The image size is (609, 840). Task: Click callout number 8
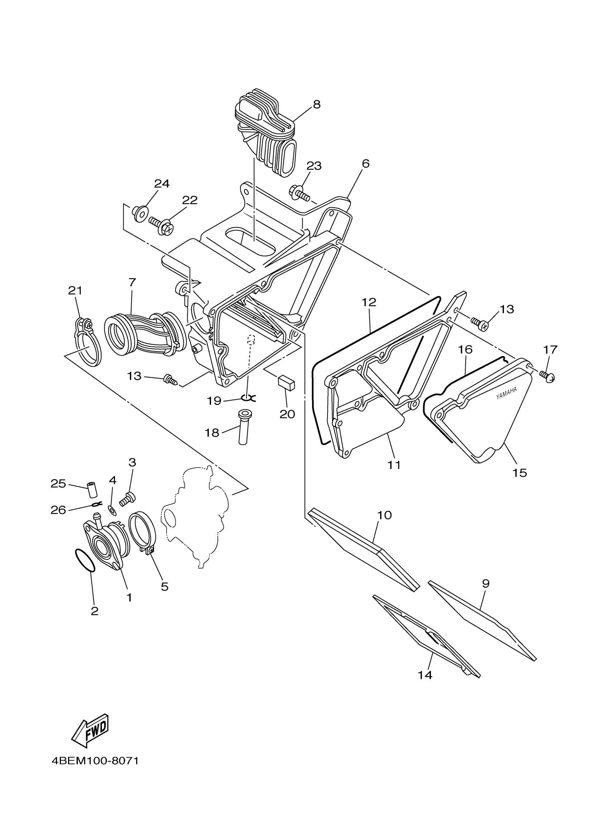tap(316, 105)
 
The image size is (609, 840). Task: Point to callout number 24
tap(162, 183)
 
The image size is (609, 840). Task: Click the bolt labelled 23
tap(299, 192)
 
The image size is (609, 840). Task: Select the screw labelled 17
tap(548, 377)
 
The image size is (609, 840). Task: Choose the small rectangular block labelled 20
tap(287, 382)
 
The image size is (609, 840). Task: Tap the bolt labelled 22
tap(162, 225)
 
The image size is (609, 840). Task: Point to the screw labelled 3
tap(128, 499)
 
